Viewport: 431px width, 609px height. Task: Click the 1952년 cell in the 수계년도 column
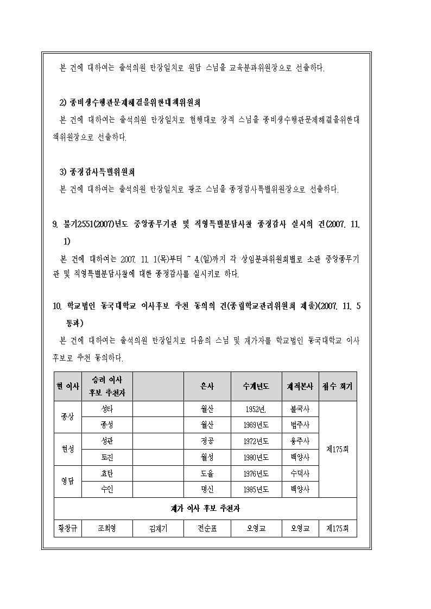[256, 409]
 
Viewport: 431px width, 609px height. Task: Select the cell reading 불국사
[300, 409]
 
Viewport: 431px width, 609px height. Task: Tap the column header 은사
[207, 387]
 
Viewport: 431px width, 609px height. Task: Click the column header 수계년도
[256, 387]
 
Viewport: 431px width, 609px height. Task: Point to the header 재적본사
[300, 387]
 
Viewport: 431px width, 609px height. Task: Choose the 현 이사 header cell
[67, 387]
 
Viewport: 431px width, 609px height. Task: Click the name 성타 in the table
[107, 409]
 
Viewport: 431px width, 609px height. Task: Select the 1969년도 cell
[256, 425]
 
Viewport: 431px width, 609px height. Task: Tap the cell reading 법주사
[300, 425]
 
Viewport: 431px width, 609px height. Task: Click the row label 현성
[67, 449]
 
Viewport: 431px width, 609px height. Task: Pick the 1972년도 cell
[256, 441]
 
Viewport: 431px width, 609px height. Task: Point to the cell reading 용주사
[300, 441]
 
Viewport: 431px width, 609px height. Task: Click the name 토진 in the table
[107, 457]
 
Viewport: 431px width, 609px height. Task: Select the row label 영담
[67, 481]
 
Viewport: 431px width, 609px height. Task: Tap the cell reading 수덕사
[300, 473]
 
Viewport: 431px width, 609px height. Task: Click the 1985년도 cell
[256, 489]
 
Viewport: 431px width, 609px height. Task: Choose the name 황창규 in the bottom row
[67, 528]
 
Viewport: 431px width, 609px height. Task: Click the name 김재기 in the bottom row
[158, 528]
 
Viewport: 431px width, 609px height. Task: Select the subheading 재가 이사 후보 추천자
[205, 509]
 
